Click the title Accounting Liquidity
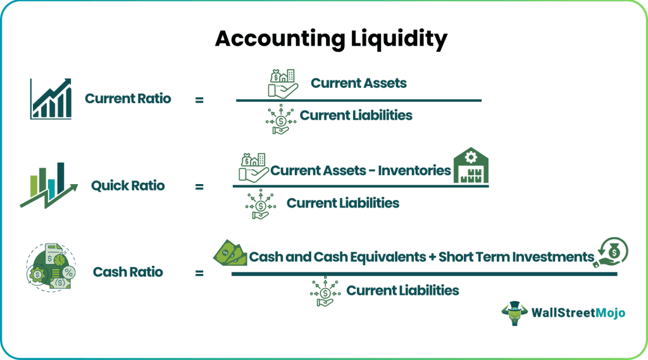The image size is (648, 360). (x=331, y=39)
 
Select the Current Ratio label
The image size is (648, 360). (x=128, y=98)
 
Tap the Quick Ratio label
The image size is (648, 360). (x=128, y=185)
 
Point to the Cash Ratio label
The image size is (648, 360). (x=128, y=272)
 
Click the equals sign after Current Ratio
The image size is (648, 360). (x=199, y=100)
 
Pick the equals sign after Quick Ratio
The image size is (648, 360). (x=199, y=187)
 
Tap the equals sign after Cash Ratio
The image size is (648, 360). (x=199, y=273)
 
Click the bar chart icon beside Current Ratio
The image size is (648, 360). (x=51, y=99)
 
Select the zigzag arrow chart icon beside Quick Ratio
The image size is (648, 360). (x=49, y=185)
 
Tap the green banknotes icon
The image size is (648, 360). (x=230, y=252)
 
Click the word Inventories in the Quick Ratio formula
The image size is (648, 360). (x=414, y=170)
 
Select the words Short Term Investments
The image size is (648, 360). (x=516, y=257)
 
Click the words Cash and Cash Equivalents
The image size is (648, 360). (x=337, y=257)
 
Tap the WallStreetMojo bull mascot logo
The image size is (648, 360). (x=514, y=313)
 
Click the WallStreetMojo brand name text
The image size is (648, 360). (x=578, y=313)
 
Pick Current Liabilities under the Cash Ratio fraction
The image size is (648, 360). (x=402, y=290)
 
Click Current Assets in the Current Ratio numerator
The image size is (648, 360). (x=359, y=83)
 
